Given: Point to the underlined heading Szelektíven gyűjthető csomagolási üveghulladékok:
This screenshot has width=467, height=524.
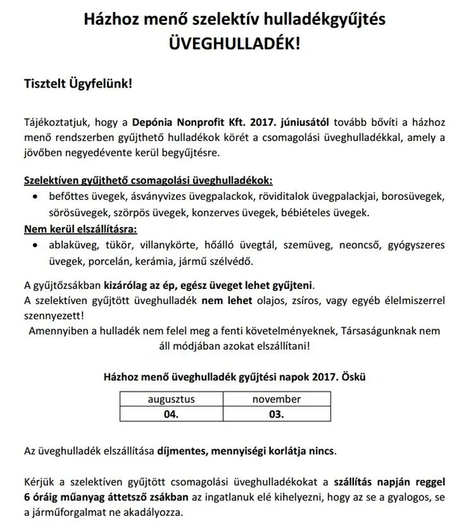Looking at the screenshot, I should tap(149, 181).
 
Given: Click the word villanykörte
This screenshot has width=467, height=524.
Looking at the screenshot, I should tap(174, 244).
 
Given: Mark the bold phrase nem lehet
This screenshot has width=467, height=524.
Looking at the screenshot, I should tap(225, 300).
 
